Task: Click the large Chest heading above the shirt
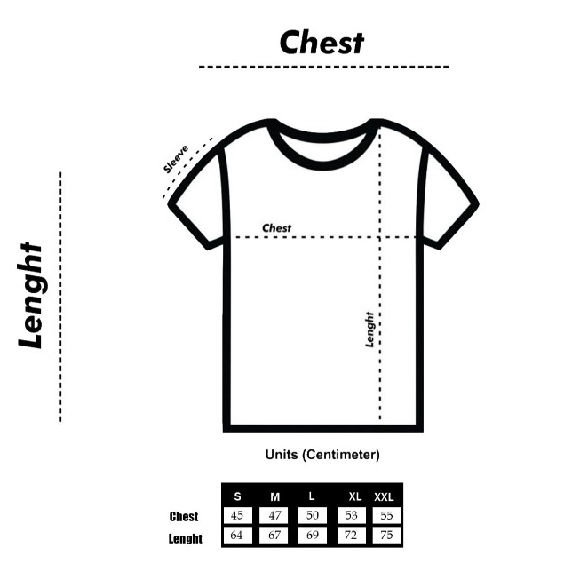click(x=322, y=43)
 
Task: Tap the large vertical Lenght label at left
click(x=30, y=295)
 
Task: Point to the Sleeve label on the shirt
click(x=176, y=159)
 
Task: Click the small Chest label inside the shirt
click(x=276, y=228)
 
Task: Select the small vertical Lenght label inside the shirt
click(x=369, y=330)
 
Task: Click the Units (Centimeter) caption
click(x=322, y=455)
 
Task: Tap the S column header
click(x=237, y=496)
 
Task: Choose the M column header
click(x=274, y=497)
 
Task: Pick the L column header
click(x=312, y=496)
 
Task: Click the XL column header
click(x=355, y=496)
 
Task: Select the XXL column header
click(x=384, y=497)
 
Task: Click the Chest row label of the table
click(x=184, y=517)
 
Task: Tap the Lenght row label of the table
click(x=186, y=538)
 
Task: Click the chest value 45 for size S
click(x=236, y=515)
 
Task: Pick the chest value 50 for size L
click(x=313, y=515)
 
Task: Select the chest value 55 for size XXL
click(x=386, y=515)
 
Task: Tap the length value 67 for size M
click(x=274, y=536)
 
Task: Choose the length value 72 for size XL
click(x=350, y=536)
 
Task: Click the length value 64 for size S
click(x=236, y=536)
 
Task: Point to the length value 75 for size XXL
click(x=386, y=536)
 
